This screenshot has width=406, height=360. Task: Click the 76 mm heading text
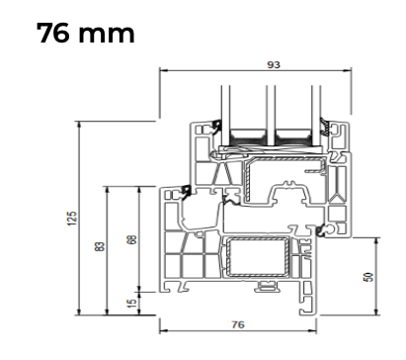pos(86,33)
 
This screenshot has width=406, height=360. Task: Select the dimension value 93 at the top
pos(274,65)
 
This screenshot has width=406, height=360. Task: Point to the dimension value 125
pos(72,219)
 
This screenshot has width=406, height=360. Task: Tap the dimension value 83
pos(100,246)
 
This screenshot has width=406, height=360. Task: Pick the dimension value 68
pos(131,239)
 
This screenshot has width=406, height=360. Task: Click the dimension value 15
pos(131,304)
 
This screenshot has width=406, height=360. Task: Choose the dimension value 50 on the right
pos(368,277)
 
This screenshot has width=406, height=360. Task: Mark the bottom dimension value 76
pos(238,324)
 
